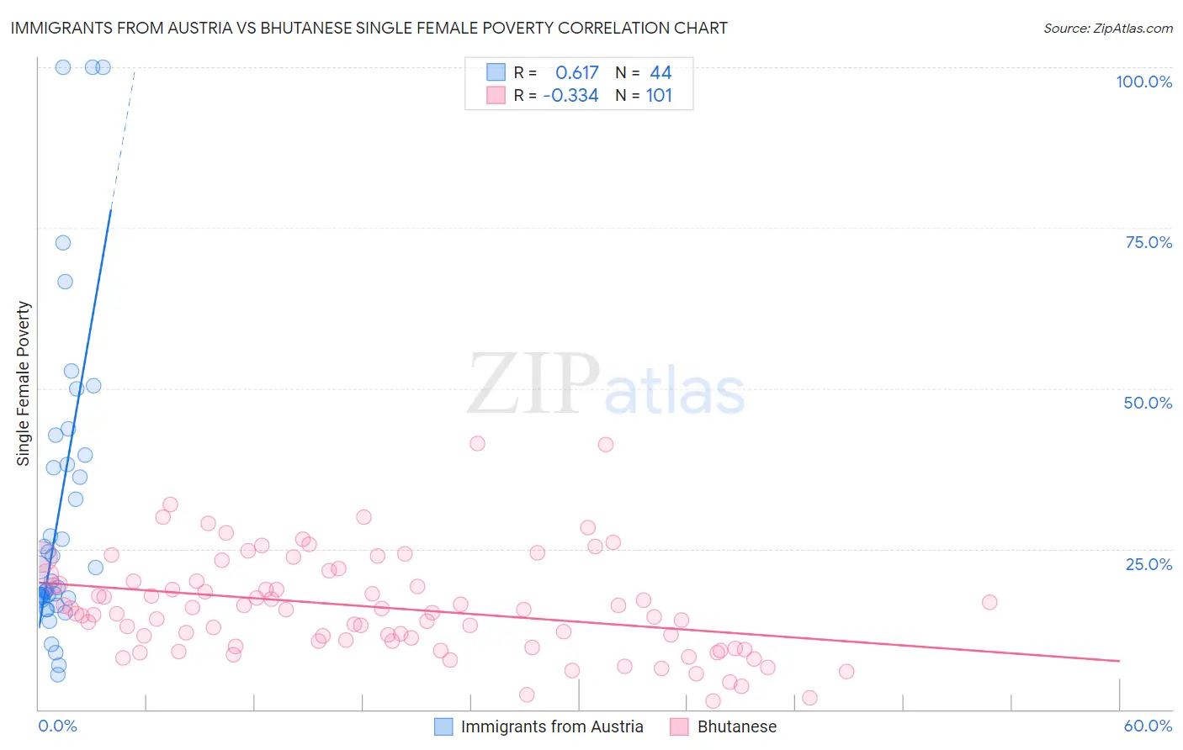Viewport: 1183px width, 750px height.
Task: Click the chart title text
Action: click(369, 28)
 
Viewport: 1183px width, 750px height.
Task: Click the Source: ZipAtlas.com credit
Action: click(1107, 28)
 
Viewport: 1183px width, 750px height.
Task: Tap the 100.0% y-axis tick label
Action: click(1143, 82)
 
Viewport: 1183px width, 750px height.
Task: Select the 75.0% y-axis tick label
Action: click(1149, 242)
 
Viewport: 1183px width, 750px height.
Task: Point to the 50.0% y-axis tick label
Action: click(1148, 403)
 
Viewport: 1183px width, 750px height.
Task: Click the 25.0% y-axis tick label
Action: click(1149, 564)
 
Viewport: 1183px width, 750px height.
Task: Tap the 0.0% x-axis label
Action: click(57, 726)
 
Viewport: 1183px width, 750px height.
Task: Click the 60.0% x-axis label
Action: click(1148, 726)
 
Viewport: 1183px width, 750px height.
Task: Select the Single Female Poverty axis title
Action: click(24, 383)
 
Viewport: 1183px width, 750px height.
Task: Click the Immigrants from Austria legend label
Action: click(551, 726)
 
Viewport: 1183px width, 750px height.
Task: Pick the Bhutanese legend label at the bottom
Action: click(736, 726)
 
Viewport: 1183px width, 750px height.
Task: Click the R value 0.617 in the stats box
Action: click(576, 73)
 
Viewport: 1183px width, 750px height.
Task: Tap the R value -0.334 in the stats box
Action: click(570, 96)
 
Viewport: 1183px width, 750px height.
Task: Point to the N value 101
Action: click(659, 96)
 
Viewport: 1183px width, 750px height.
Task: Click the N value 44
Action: click(660, 73)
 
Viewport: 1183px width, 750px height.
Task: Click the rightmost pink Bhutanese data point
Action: click(989, 602)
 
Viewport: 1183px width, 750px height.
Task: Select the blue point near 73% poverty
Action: click(63, 243)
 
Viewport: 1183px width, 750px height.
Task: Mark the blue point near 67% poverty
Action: click(65, 282)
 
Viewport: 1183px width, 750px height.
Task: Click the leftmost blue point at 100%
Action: click(63, 67)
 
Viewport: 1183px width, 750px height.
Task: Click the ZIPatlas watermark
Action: click(606, 385)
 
